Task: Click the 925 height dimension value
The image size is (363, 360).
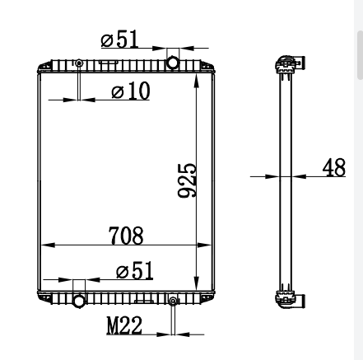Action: (188, 180)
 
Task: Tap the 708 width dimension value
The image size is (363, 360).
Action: (126, 236)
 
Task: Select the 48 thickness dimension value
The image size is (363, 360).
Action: (334, 167)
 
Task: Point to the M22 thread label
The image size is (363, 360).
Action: (124, 325)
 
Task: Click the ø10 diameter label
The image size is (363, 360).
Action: (131, 91)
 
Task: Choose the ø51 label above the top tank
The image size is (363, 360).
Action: (119, 39)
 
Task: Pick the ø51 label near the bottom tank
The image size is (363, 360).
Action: (134, 271)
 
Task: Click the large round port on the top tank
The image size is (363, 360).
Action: (173, 63)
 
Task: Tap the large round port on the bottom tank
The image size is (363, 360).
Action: (79, 301)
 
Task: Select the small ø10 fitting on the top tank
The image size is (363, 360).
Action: (79, 63)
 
